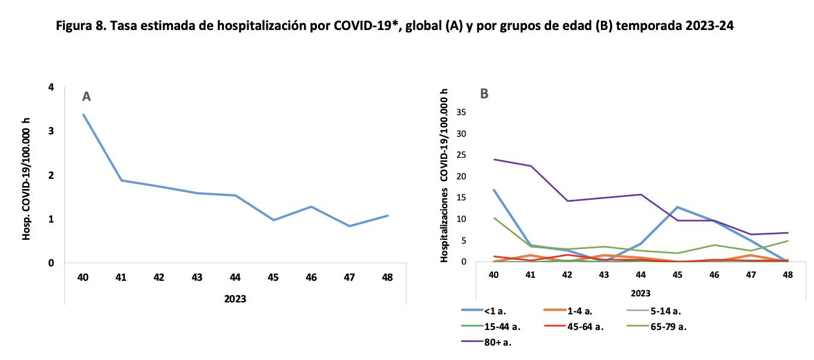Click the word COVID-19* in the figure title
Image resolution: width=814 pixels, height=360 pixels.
361,26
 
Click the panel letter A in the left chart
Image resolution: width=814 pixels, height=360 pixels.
86,97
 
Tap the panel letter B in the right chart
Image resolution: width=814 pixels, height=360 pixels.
484,94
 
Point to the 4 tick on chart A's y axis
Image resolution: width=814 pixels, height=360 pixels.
51,88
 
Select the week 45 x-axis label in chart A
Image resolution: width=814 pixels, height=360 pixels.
273,277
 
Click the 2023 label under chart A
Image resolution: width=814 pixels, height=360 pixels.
235,299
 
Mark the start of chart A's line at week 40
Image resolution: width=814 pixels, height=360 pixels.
83,114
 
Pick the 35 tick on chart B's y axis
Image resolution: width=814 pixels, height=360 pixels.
462,112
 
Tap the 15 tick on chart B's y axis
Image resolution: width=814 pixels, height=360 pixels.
462,197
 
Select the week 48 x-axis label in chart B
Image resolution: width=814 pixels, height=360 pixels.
788,274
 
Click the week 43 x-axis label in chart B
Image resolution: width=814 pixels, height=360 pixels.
604,274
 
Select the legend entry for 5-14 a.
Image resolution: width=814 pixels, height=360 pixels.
665,311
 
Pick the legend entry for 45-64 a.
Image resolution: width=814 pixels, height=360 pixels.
585,326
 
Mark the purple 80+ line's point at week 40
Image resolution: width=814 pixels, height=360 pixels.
493,160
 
